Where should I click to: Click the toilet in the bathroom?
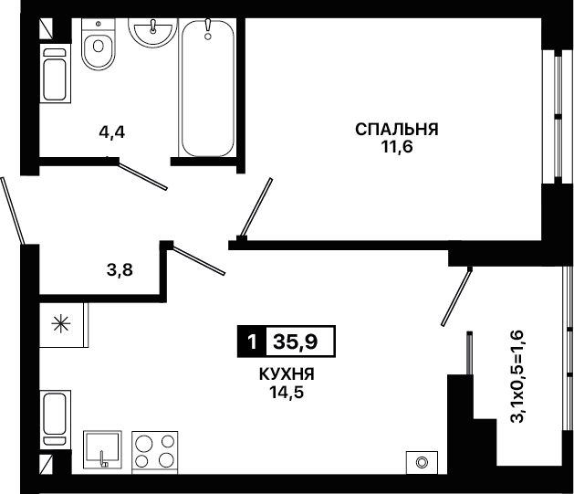pos(99,44)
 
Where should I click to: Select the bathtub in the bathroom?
pos(207,88)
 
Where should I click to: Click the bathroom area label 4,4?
pos(112,132)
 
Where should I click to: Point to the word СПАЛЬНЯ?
pos(397,130)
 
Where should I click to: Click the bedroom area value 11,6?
pos(397,147)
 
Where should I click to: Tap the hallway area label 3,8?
pos(120,270)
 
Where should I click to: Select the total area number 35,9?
pos(296,342)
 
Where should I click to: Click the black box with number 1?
pos(252,342)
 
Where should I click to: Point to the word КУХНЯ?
pos(287,374)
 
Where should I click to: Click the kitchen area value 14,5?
pos(287,393)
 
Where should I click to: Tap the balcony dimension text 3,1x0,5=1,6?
pos(518,376)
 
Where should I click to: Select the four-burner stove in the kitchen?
pos(155,453)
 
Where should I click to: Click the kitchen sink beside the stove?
pos(102,449)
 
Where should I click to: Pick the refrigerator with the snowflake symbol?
pos(64,325)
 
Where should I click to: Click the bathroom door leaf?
pos(142,176)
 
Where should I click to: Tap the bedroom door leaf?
pos(256,207)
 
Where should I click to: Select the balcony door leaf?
pos(456,297)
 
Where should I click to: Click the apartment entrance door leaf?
pos(13,211)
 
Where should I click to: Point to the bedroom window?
pos(552,117)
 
